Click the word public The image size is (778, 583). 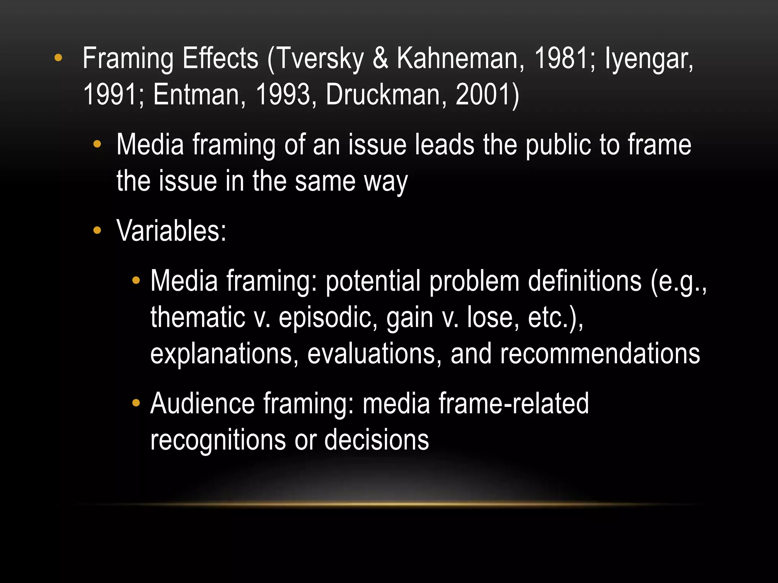point(558,145)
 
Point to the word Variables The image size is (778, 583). point(171,231)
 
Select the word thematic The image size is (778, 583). point(198,317)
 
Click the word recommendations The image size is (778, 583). point(600,354)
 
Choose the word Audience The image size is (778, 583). point(202,403)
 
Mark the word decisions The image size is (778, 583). point(376,440)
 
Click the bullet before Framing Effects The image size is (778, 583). point(58,58)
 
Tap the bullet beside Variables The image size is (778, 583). point(97,230)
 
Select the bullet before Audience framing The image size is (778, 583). point(136,403)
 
